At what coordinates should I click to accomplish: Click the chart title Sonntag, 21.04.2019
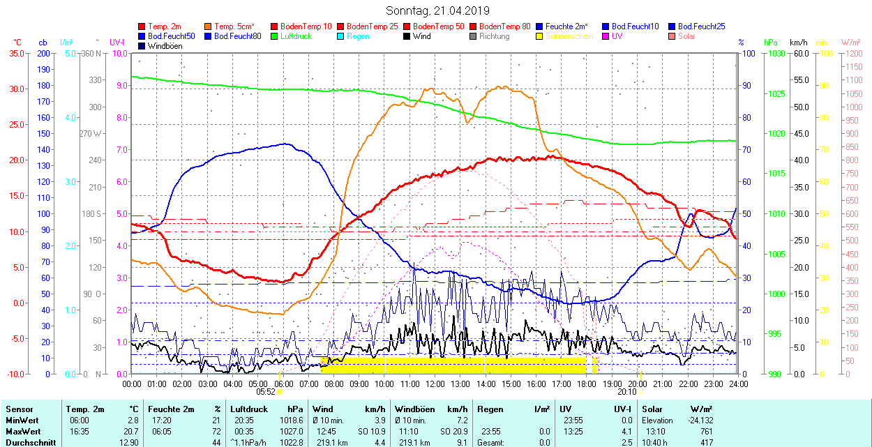click(437, 10)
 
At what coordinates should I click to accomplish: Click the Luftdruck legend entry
click(294, 36)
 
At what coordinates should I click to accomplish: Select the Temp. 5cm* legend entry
click(234, 26)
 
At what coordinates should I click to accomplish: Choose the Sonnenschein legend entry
click(569, 36)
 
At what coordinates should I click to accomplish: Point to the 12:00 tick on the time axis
click(435, 384)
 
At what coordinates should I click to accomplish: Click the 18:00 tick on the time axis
click(587, 384)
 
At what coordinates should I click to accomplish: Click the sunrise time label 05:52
click(266, 392)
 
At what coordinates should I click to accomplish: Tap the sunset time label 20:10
click(627, 392)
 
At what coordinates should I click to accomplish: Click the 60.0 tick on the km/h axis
click(800, 53)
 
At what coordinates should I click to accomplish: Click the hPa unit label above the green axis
click(770, 43)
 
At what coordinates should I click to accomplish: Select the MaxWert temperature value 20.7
click(131, 432)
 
